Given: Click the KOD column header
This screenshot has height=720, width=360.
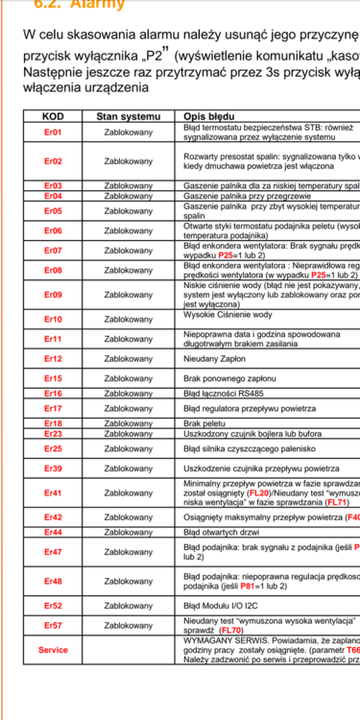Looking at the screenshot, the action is (53, 115).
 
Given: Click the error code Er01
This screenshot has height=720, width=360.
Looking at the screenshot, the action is (53, 132).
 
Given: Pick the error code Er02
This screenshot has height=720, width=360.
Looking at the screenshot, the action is (53, 161).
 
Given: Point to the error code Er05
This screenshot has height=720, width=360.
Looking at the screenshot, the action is (53, 210).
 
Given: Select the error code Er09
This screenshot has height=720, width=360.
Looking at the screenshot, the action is (53, 294).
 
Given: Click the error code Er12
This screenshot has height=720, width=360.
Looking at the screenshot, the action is (53, 359).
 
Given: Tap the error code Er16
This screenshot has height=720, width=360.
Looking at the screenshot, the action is (53, 394).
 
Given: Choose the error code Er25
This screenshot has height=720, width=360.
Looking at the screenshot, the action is (53, 448).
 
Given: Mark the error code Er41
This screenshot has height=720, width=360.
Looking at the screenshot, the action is (53, 492).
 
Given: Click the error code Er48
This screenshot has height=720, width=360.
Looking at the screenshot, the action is (53, 581).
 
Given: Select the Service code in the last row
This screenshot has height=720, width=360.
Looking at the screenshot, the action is (53, 649).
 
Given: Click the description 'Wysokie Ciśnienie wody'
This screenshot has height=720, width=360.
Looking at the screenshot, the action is (227, 315).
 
